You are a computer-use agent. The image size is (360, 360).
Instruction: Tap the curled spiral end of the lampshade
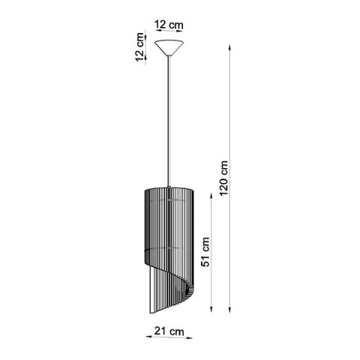185,289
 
